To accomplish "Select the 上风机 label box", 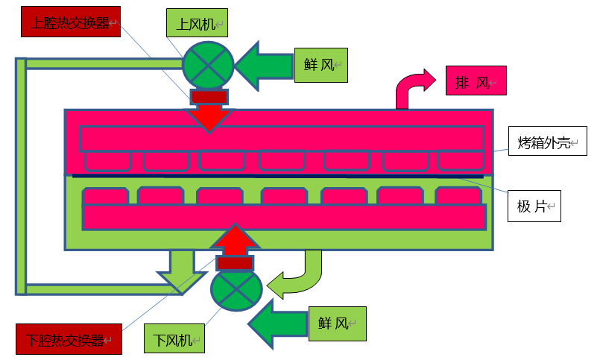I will coord(196,25).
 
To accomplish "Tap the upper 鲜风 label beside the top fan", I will coord(321,65).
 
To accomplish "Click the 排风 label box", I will coord(476,80).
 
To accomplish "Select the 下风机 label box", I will coord(174,339).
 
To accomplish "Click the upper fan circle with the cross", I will coord(208,64).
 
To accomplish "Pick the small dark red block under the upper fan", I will coord(209,97).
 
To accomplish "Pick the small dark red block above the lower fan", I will coord(235,262).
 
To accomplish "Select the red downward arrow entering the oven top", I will coord(209,118).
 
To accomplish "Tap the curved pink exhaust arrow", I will coord(414,86).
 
